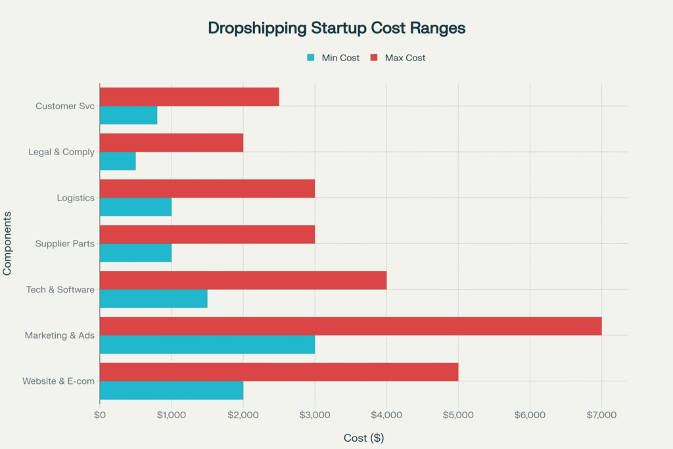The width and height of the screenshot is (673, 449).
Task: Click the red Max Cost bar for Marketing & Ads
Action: (x=350, y=326)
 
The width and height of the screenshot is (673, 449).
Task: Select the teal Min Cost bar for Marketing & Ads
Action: (x=207, y=344)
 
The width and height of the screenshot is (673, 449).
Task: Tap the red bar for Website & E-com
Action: (x=279, y=372)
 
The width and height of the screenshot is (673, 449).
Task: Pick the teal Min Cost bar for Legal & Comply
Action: (x=118, y=161)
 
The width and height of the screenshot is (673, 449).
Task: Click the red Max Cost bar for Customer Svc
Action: (x=189, y=97)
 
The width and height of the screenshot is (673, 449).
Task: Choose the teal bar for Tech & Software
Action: (x=153, y=298)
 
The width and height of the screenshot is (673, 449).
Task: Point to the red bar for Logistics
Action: (x=207, y=189)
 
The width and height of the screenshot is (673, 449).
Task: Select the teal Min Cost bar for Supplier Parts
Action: (x=135, y=252)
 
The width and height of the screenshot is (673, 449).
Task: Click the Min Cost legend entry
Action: (x=333, y=58)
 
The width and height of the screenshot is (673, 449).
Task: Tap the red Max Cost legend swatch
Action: (x=374, y=58)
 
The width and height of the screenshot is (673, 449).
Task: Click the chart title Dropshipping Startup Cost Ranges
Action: (x=336, y=28)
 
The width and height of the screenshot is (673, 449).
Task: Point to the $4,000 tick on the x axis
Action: (x=386, y=415)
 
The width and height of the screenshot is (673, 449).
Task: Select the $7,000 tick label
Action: (x=601, y=415)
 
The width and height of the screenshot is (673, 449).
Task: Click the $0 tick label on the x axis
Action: (x=100, y=415)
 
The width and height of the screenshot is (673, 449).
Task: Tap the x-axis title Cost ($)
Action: (x=363, y=437)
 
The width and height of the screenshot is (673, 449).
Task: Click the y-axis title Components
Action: (x=8, y=243)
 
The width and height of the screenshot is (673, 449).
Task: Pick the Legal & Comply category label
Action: (x=61, y=152)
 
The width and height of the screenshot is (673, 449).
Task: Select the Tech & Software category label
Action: (x=60, y=289)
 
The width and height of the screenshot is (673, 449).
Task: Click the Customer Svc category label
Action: (x=65, y=106)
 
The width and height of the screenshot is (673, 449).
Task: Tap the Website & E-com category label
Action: (x=58, y=381)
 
